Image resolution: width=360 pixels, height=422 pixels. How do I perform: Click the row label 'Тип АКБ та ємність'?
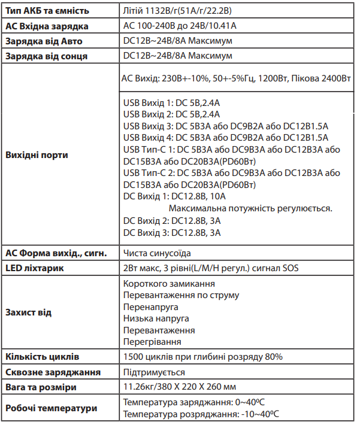coord(47,11)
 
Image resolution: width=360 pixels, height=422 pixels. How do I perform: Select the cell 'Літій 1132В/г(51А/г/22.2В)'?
coord(179,11)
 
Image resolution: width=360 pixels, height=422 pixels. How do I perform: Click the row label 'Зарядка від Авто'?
coord(44,41)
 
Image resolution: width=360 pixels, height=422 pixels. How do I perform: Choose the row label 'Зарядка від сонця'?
coord(46,56)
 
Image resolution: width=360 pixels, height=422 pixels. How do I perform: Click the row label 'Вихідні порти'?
coord(37,155)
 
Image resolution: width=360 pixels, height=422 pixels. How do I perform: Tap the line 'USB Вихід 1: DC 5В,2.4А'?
coord(171,103)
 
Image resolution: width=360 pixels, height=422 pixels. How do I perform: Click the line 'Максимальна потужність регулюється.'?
coord(250,208)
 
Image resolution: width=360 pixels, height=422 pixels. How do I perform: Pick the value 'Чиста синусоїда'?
coord(157,253)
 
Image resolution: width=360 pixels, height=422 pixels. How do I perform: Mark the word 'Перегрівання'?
coord(152,341)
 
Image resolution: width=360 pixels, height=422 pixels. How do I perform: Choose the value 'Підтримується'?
coord(154,372)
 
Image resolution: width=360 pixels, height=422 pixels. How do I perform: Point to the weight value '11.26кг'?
coord(138,387)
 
